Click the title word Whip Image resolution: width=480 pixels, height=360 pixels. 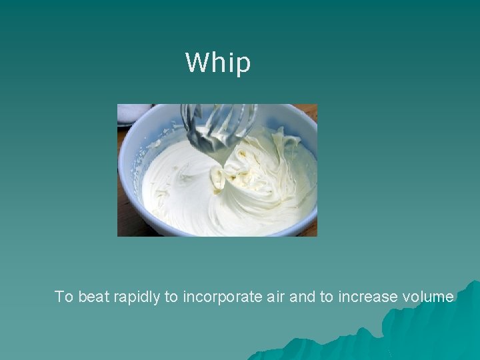[218, 63]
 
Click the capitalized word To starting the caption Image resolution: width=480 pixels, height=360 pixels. [64, 297]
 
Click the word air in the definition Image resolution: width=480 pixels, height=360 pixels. [276, 297]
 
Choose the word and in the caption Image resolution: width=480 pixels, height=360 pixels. [303, 297]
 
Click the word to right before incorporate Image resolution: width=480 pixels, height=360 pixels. [171, 297]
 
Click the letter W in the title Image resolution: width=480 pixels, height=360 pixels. [195, 63]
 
